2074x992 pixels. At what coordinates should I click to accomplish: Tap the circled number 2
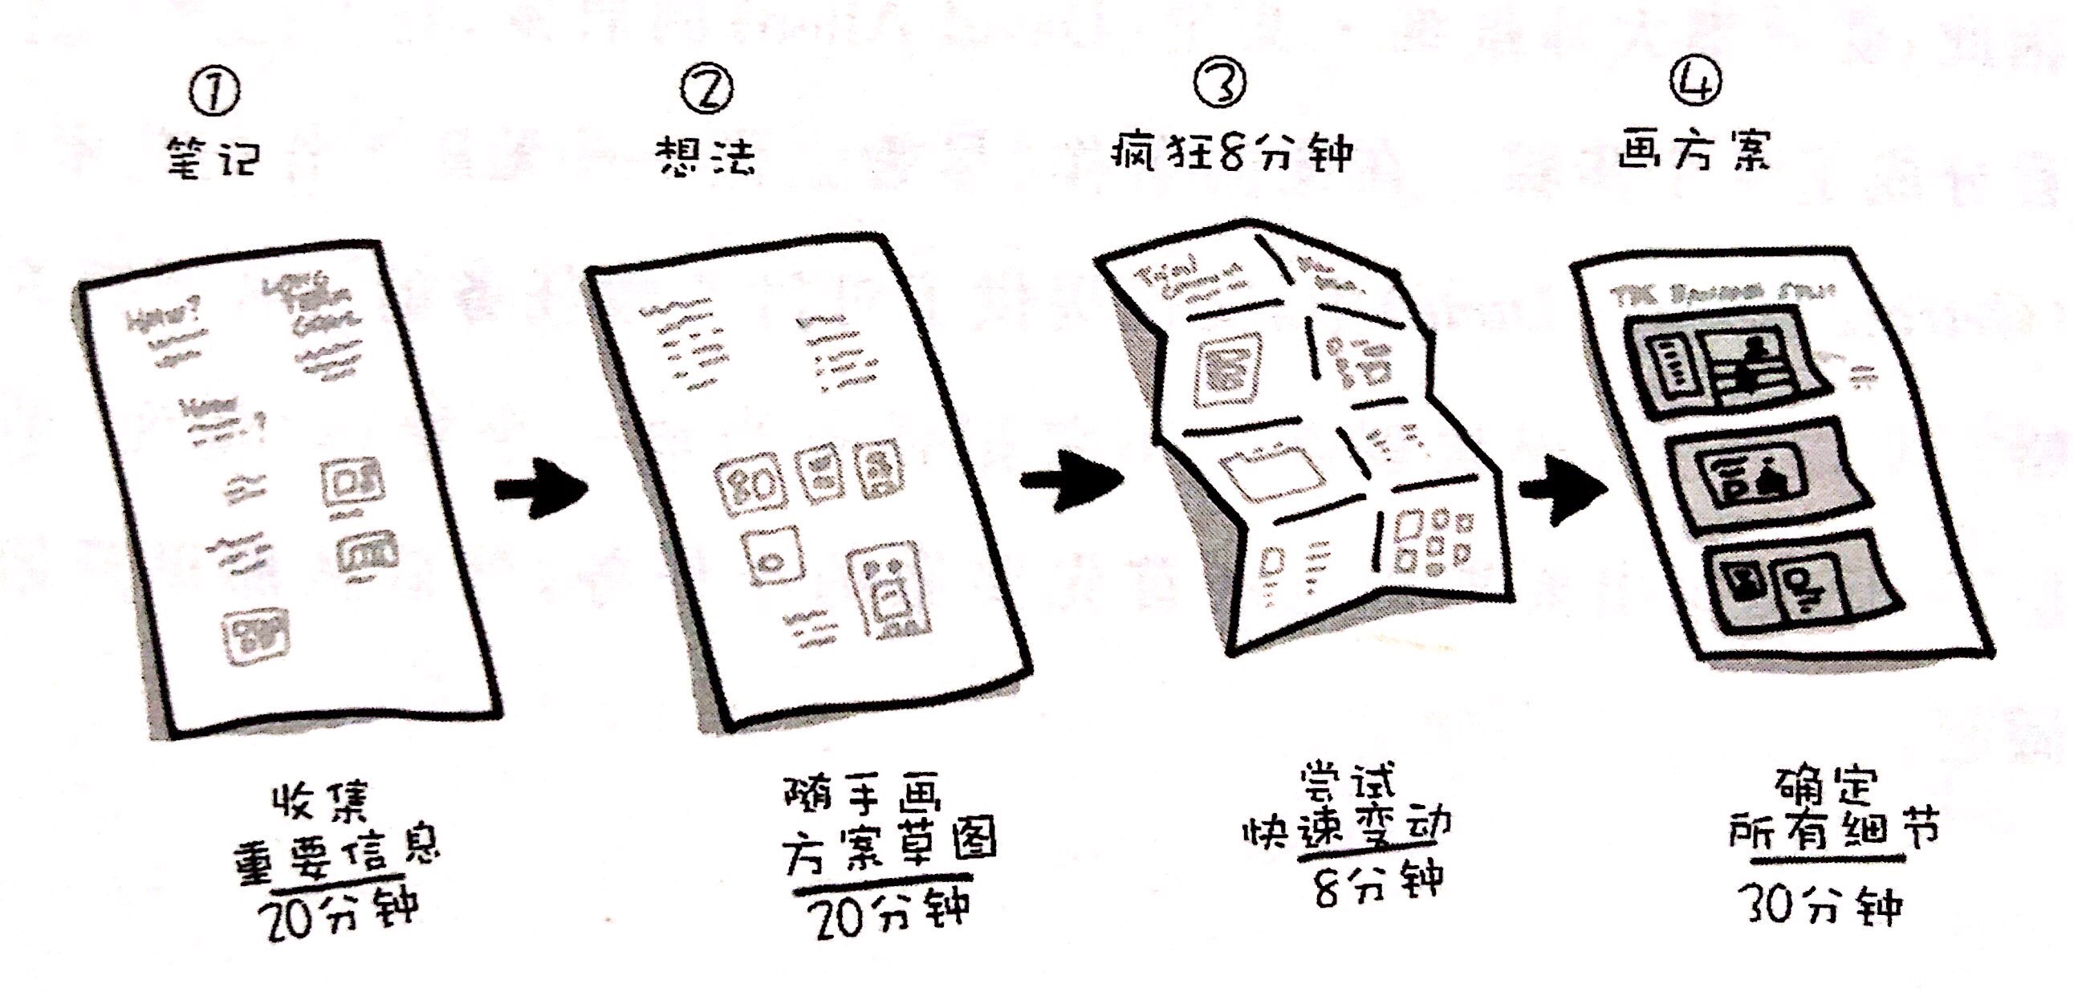point(706,90)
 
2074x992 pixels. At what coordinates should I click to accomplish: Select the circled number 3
point(1220,83)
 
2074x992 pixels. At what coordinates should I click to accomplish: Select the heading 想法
point(706,155)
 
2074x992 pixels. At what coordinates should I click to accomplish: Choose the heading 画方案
point(1696,150)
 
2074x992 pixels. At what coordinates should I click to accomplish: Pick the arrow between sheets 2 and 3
point(1070,481)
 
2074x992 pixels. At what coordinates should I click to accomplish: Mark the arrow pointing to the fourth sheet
point(1562,489)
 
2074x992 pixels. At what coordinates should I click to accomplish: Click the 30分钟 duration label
point(1823,905)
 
